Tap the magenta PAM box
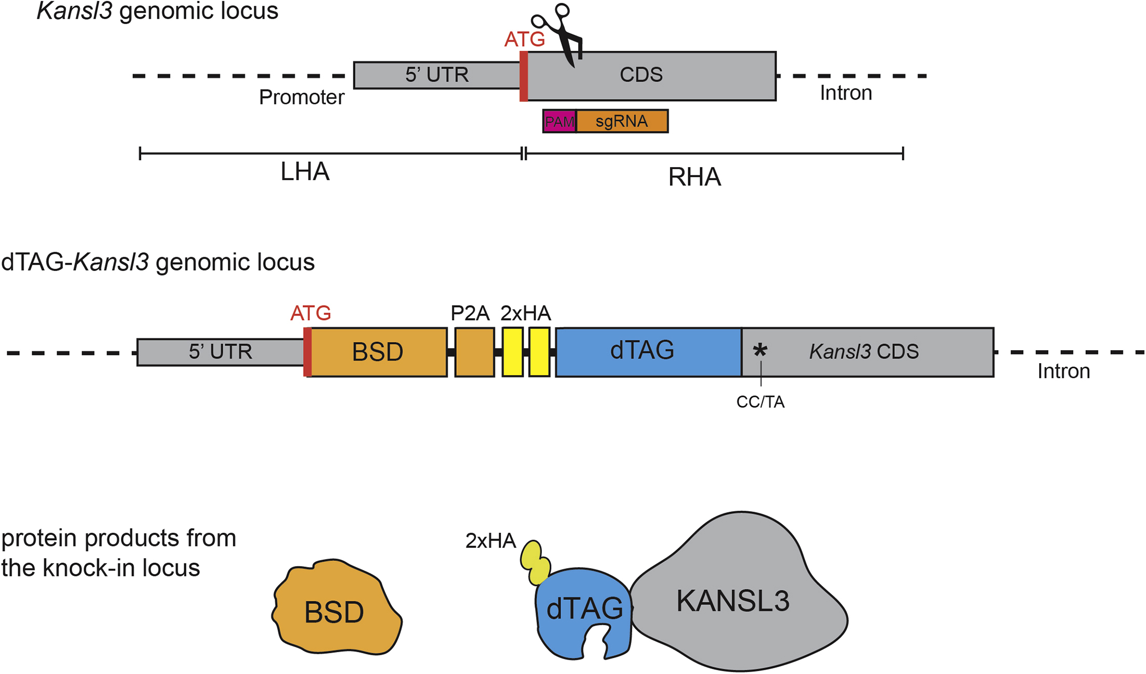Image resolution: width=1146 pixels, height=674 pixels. pyautogui.click(x=559, y=121)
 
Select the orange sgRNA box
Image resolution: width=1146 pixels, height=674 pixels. pyautogui.click(x=622, y=121)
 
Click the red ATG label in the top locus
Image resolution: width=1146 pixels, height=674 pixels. pyautogui.click(x=524, y=39)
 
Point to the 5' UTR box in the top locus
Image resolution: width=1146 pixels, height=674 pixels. pyautogui.click(x=436, y=75)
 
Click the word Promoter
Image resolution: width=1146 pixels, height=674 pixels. pyautogui.click(x=301, y=98)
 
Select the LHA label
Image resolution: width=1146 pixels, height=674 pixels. pyautogui.click(x=305, y=172)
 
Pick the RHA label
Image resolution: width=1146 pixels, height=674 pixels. pyautogui.click(x=694, y=177)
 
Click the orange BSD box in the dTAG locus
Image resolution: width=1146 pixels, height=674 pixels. pyautogui.click(x=377, y=352)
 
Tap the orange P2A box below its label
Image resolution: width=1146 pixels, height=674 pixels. pyautogui.click(x=474, y=352)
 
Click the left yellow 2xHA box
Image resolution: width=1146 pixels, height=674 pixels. pyautogui.click(x=512, y=352)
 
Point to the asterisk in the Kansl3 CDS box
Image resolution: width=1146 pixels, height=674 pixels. pyautogui.click(x=760, y=350)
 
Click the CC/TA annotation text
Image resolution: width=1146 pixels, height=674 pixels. pyautogui.click(x=760, y=402)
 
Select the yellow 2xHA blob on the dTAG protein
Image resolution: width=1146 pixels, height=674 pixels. pyautogui.click(x=535, y=563)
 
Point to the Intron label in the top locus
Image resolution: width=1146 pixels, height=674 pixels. pyautogui.click(x=845, y=93)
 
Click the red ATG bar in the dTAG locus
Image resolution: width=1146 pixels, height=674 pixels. pyautogui.click(x=307, y=352)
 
